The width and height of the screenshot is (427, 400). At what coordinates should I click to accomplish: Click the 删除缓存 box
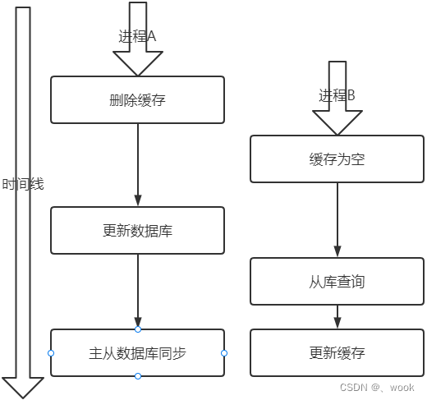pos(137,100)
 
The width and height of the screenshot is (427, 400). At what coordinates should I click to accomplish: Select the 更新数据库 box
pos(137,231)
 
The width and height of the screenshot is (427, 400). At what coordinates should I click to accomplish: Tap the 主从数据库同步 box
pos(137,353)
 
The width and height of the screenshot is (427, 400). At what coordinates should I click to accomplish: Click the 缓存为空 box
pos(337,159)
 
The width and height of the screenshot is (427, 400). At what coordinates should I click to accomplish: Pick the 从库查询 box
pos(337,282)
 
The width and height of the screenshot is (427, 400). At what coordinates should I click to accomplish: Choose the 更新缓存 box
pos(337,353)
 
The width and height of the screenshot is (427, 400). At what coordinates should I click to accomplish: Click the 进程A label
pos(137,37)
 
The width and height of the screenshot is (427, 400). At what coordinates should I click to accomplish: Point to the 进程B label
pos(337,96)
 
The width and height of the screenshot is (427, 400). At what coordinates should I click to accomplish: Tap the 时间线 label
pos(23,184)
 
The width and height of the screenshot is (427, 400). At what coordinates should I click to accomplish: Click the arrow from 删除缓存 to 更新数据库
pos(137,164)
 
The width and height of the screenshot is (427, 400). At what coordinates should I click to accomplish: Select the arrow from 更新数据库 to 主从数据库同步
pos(137,291)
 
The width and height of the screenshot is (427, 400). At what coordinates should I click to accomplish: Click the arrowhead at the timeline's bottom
pos(23,386)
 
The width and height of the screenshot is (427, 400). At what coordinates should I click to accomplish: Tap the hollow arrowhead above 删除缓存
pos(137,62)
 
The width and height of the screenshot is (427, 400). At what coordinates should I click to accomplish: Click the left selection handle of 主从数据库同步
pos(51,353)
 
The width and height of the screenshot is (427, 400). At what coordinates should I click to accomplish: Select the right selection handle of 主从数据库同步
pos(224,353)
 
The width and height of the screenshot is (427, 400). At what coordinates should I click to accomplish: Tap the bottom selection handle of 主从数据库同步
pos(137,376)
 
